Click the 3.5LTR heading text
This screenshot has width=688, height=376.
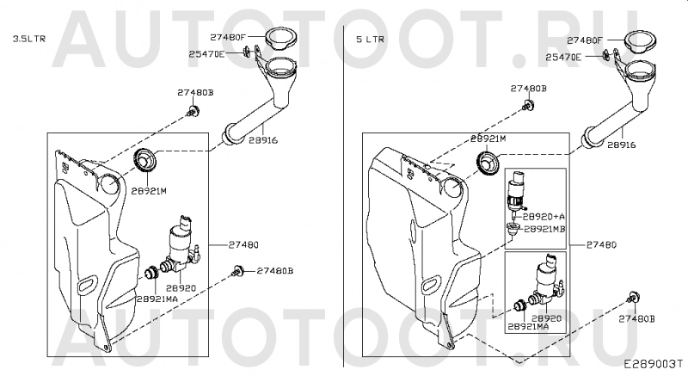coord(28,39)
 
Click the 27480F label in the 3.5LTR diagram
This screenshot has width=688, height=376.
coord(225,37)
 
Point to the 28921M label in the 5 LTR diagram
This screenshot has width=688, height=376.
coord(488,138)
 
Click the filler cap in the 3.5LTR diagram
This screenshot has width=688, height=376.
coord(279,39)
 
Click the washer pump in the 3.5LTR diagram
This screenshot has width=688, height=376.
coord(182,240)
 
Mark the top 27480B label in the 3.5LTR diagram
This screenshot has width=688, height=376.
coord(195,92)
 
